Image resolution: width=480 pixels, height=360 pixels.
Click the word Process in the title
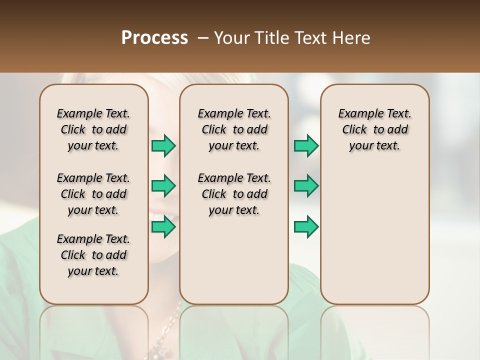coord(154,37)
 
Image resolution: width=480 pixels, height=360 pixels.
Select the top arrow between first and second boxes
coord(163,146)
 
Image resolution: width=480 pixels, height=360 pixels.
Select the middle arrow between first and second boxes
coord(163,186)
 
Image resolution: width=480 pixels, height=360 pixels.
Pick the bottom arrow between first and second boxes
coord(163,226)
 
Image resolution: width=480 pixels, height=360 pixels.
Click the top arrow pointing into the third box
coord(306,146)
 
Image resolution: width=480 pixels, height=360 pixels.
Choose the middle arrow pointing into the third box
coord(306,186)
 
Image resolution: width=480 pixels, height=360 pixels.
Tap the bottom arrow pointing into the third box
coord(306,226)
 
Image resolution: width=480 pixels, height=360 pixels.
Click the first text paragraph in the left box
coord(93,129)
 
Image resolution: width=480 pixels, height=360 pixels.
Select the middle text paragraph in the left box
coord(93,194)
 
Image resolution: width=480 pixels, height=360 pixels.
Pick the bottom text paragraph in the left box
coord(93,255)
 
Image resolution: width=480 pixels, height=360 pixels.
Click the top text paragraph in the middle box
coord(234,129)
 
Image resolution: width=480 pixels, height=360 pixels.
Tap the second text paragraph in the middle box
coord(234,194)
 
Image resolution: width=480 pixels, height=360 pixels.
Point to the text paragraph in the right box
coord(375,129)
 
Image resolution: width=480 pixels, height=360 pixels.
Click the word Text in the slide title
coord(311,37)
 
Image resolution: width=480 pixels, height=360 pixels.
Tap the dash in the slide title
coord(203,38)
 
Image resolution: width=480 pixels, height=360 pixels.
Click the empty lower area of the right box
coord(375,235)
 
